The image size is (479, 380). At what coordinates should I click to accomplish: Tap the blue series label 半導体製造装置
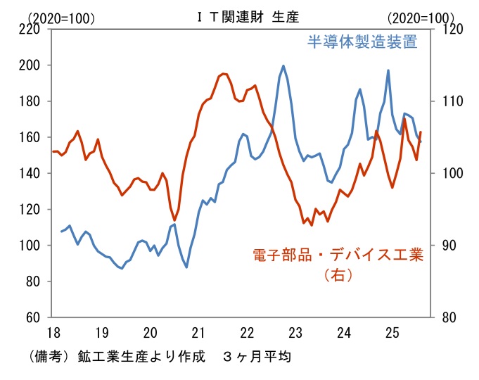click(362, 42)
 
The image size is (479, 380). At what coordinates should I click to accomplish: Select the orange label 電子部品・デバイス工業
click(338, 255)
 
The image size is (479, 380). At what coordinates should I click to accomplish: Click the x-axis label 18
click(52, 331)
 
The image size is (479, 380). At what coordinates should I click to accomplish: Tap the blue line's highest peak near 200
click(283, 66)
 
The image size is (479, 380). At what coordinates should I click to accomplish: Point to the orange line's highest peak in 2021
click(224, 73)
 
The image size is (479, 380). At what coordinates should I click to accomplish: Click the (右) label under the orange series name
click(337, 275)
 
